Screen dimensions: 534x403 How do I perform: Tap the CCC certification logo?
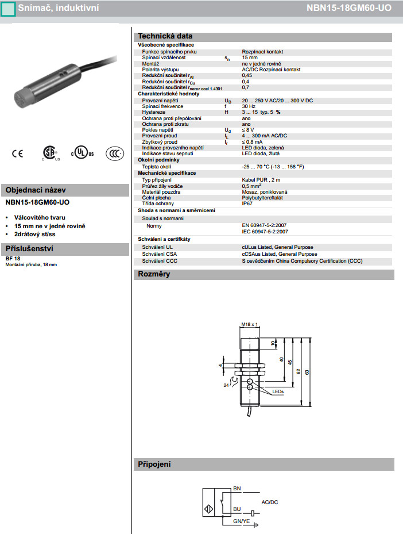pyautogui.click(x=114, y=153)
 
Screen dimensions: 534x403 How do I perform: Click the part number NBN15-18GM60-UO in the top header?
pyautogui.click(x=353, y=8)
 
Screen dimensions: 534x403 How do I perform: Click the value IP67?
pyautogui.click(x=247, y=203)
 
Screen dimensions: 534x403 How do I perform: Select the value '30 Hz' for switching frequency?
pyautogui.click(x=248, y=106)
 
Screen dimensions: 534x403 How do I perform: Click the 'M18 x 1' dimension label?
pyautogui.click(x=249, y=324)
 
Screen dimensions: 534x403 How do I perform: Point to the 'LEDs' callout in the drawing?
pyautogui.click(x=278, y=391)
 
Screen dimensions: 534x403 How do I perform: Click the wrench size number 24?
pyautogui.click(x=226, y=385)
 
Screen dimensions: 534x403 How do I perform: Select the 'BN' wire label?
pyautogui.click(x=237, y=489)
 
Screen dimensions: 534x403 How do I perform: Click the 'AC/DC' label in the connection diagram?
pyautogui.click(x=270, y=502)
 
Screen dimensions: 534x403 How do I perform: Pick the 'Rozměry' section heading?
pyautogui.click(x=154, y=274)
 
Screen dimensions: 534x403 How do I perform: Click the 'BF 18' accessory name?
pyautogui.click(x=12, y=259)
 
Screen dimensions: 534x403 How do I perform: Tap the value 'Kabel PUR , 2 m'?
pyautogui.click(x=261, y=180)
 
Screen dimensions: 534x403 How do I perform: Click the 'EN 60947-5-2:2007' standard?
pyautogui.click(x=265, y=226)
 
